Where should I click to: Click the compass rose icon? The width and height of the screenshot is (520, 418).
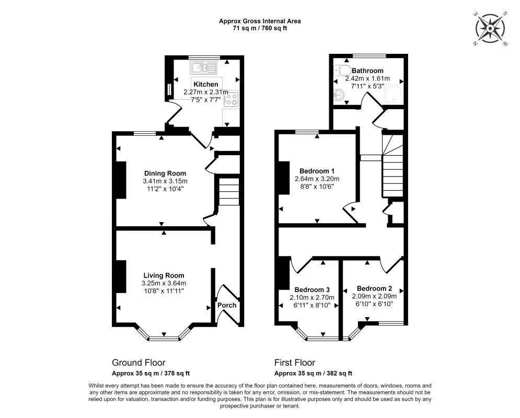point(491,29)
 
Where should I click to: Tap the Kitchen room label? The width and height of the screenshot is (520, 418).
point(205,84)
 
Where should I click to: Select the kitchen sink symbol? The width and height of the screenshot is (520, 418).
point(203,67)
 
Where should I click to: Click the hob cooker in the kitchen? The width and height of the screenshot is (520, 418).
point(231,99)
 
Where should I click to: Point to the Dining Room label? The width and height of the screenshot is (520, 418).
point(165,173)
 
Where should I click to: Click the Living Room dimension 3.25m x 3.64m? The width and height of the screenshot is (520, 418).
point(164,283)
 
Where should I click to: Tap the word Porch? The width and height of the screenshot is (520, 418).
point(227,305)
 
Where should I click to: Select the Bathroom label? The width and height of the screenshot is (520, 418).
point(367,71)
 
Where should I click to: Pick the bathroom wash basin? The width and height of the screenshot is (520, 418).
point(339,95)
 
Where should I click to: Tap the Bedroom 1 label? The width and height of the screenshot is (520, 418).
point(317,171)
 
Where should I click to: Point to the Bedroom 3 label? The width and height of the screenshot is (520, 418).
point(312,289)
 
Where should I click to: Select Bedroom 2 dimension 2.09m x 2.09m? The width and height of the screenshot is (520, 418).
point(374,296)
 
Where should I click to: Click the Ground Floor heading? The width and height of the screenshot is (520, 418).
point(138,362)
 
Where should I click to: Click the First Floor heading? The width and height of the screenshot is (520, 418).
point(294,362)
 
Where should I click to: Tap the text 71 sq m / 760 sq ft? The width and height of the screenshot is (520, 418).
point(260,28)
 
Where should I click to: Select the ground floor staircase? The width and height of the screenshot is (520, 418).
point(229,192)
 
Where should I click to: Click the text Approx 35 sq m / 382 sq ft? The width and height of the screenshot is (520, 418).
point(313,373)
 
